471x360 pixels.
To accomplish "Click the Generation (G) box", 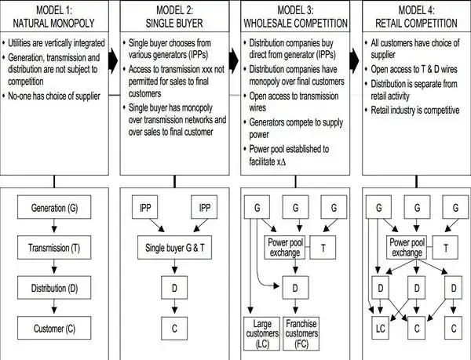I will point(54,209).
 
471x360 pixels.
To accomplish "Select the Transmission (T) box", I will point(54,249).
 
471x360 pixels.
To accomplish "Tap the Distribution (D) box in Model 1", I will point(54,288).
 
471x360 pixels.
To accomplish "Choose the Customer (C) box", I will point(54,327).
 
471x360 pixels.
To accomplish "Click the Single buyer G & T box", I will point(174,249).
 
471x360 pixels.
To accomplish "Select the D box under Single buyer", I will point(174,287).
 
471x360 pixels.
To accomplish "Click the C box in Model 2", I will point(174,326).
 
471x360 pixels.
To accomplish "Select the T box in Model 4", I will point(446,248).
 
